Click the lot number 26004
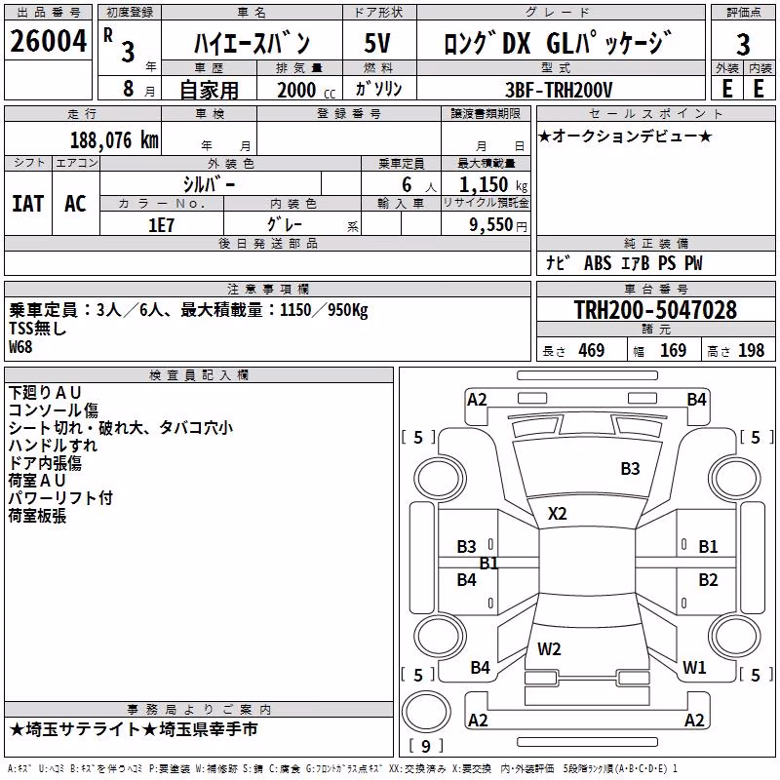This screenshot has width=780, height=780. (48, 41)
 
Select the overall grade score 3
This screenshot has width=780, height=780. (743, 45)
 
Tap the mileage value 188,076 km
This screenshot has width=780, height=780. (114, 140)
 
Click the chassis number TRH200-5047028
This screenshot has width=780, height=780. (655, 309)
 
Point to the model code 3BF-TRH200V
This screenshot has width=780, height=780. (559, 90)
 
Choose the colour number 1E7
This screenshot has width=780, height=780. (161, 225)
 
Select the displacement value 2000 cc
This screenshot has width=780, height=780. (306, 91)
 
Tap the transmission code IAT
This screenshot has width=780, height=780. (28, 204)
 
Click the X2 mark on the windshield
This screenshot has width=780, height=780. (557, 514)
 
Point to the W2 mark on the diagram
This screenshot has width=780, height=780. (549, 648)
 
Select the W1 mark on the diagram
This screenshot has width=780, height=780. (694, 667)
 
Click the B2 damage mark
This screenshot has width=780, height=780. (708, 579)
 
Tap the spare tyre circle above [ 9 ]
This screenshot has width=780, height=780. (426, 712)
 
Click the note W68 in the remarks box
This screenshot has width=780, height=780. (20, 347)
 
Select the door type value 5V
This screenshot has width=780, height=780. (377, 43)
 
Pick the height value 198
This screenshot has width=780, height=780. (751, 351)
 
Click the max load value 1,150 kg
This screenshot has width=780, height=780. (493, 185)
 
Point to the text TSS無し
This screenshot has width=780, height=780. (38, 329)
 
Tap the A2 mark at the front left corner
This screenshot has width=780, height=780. (477, 400)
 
